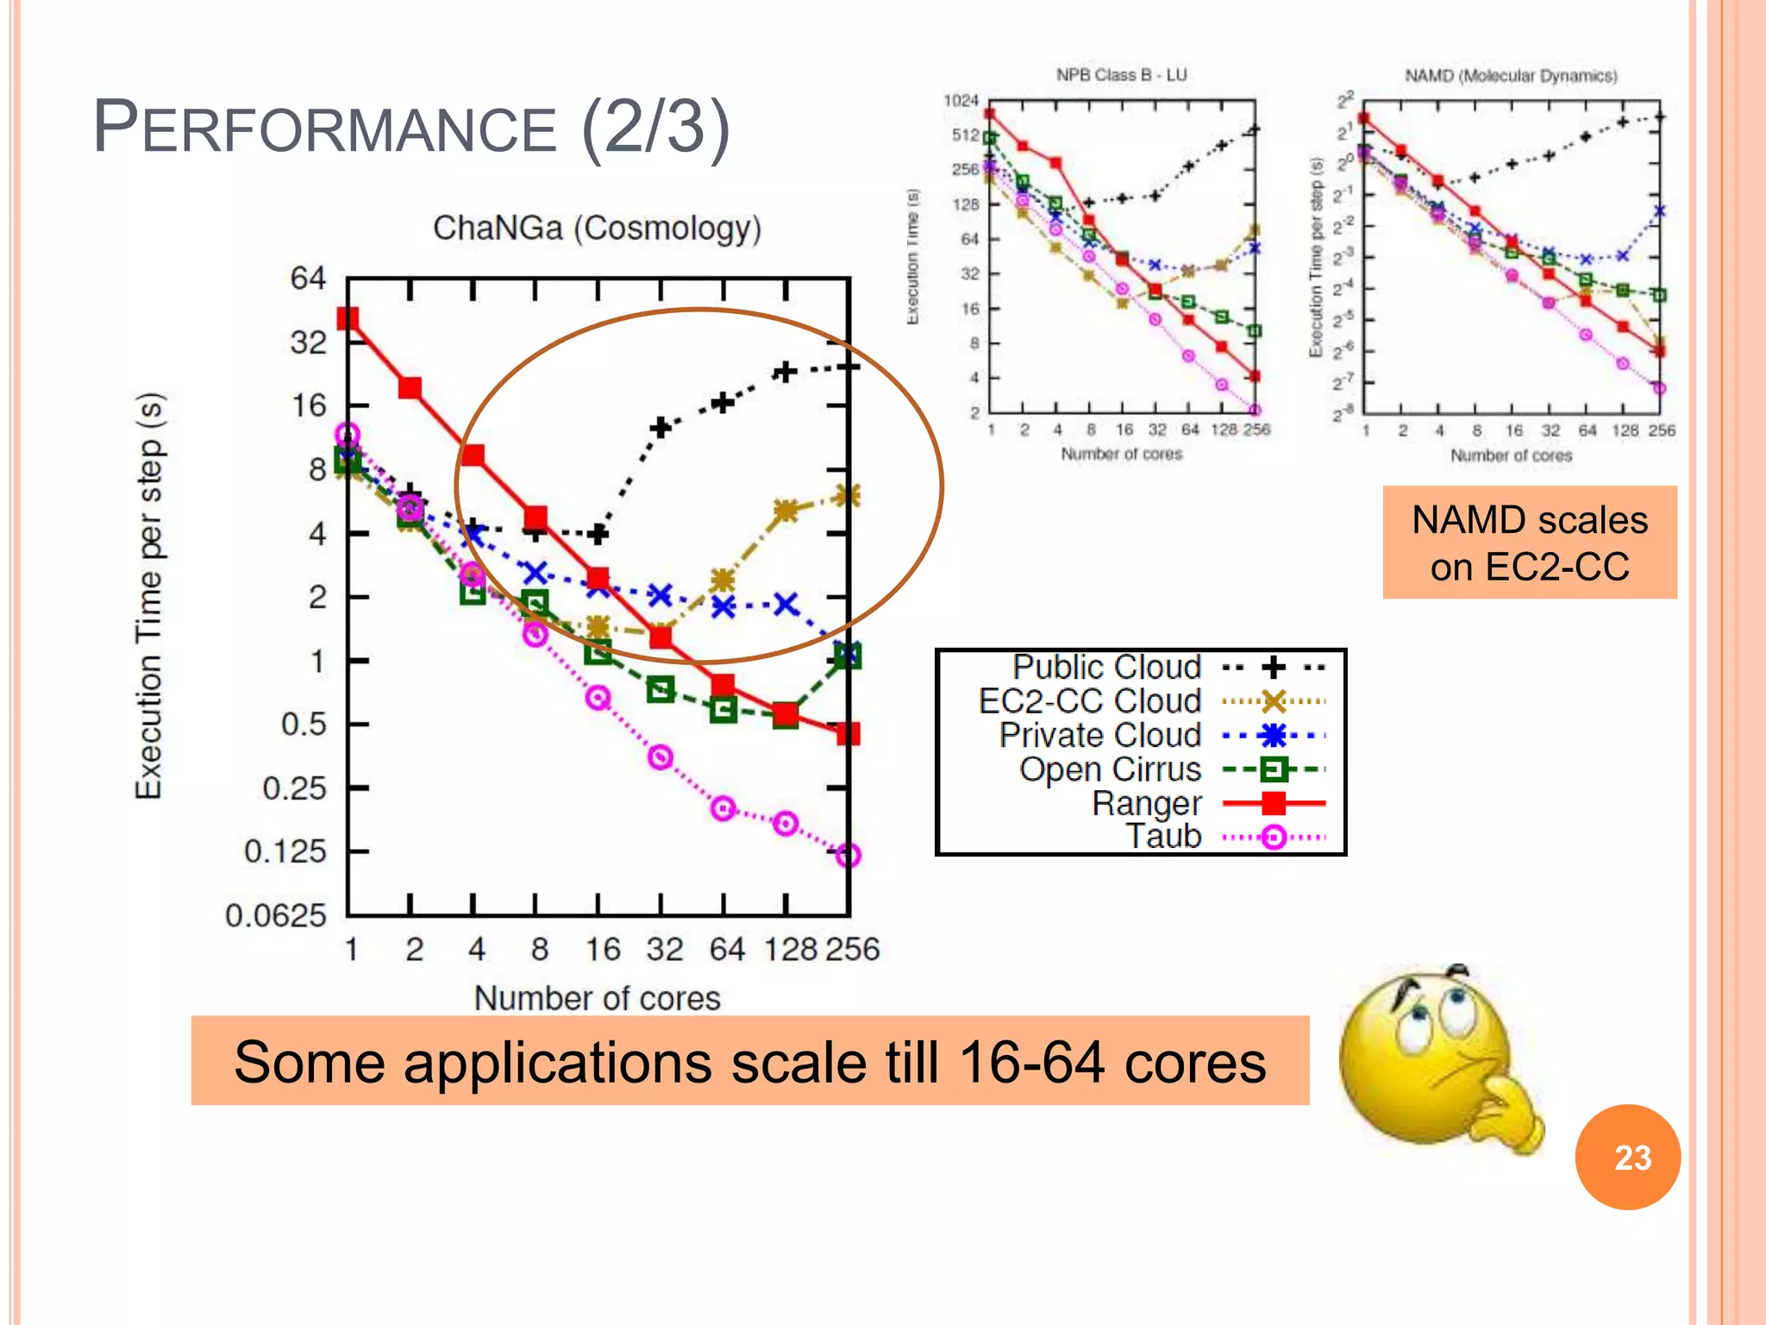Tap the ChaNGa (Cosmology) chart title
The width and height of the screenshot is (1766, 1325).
(597, 229)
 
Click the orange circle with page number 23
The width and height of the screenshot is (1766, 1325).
(1627, 1157)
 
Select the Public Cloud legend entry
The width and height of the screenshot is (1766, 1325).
(1106, 667)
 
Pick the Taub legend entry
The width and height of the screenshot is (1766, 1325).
(1163, 836)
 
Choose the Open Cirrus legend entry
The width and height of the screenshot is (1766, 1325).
(1110, 769)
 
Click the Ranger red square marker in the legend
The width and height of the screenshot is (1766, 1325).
(1273, 803)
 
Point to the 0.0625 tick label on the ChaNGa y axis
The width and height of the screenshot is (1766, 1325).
(276, 915)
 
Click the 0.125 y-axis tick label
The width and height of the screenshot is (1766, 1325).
(285, 851)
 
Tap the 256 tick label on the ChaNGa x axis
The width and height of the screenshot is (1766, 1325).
(852, 950)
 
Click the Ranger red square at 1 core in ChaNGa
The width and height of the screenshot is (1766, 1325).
(348, 318)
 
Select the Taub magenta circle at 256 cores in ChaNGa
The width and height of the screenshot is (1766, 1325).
(849, 855)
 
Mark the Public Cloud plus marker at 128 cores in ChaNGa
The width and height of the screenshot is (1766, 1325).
(784, 372)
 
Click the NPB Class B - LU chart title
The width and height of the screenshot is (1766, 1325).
(1121, 75)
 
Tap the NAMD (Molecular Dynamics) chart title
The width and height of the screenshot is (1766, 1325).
(1511, 76)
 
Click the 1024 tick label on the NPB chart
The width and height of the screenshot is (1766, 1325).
(961, 101)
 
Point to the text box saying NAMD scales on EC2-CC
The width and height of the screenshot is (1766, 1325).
(1530, 543)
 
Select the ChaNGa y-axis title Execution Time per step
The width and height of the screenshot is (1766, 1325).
(149, 595)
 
